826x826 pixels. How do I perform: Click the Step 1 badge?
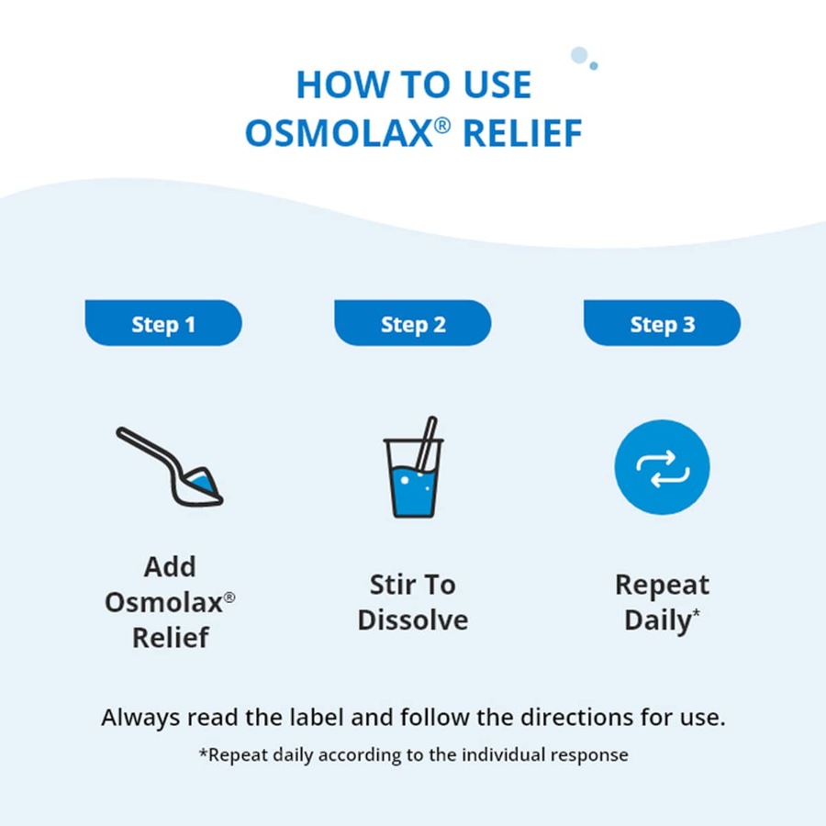[x=163, y=324]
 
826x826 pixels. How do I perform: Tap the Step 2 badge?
[x=413, y=324]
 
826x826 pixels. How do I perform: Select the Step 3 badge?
[x=662, y=324]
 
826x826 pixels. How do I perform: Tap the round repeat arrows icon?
[x=662, y=467]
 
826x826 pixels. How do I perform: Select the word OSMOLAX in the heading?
[x=340, y=134]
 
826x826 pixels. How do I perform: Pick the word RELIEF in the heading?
[x=522, y=134]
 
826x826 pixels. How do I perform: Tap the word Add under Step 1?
[x=170, y=566]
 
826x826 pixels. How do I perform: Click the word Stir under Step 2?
[x=390, y=585]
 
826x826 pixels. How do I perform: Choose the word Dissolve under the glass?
[x=413, y=619]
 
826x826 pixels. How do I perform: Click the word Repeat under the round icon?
[x=662, y=585]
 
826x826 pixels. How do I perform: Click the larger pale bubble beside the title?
[x=579, y=55]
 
